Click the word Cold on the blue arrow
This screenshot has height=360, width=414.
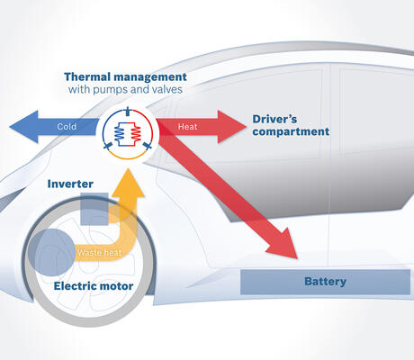(67, 127)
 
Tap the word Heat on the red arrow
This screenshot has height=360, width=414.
(187, 127)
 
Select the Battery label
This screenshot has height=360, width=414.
(325, 282)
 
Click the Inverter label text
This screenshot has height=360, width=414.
(70, 184)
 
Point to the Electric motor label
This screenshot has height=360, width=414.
(94, 286)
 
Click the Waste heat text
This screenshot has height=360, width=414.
(99, 253)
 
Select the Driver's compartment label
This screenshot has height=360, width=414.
(291, 125)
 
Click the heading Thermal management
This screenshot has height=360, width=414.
(125, 76)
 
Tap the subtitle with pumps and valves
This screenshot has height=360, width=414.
(125, 89)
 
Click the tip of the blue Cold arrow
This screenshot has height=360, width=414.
(10, 127)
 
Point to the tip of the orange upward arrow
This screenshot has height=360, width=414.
(129, 169)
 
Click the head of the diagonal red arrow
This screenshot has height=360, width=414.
(297, 258)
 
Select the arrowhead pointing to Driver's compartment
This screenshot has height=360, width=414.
(246, 127)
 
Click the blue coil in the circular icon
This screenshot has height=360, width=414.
(119, 133)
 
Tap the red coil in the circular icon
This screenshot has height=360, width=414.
(136, 133)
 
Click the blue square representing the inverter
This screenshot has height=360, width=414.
(94, 209)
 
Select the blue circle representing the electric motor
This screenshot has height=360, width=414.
(51, 252)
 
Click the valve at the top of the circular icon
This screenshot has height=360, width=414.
(128, 111)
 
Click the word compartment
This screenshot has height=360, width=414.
(291, 131)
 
